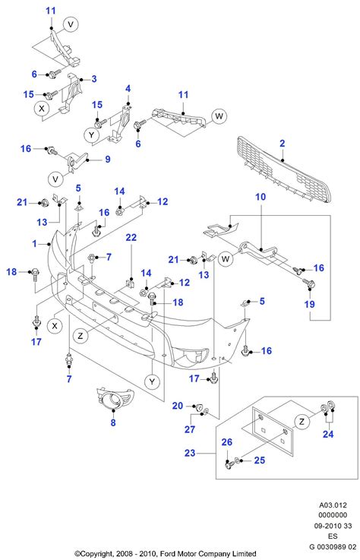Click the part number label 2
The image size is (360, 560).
coord(282,143)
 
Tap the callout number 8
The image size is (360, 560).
coord(113,423)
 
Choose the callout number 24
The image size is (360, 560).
coord(327,435)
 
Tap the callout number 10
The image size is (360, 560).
coord(260,198)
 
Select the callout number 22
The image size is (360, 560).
coord(131,238)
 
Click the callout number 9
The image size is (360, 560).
coord(107,160)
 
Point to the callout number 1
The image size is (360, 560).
coord(34,244)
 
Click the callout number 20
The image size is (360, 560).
coord(177,407)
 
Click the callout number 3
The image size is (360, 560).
coord(94,79)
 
